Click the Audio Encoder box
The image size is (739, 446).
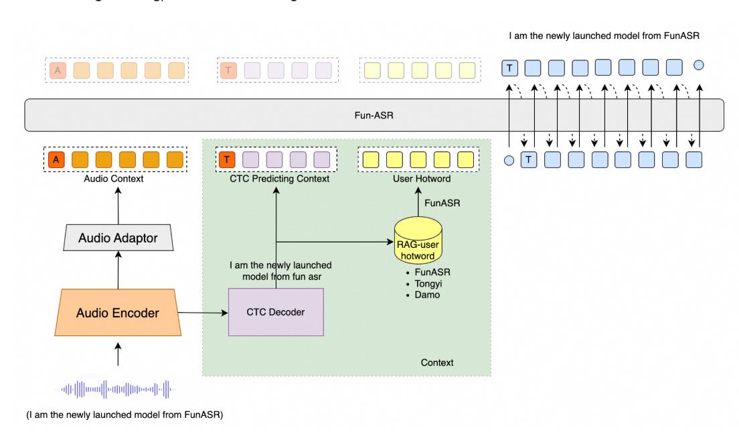click(118, 312)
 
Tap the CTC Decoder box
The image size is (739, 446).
click(276, 313)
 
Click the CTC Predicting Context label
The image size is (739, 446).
click(276, 179)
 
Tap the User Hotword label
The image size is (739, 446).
click(418, 179)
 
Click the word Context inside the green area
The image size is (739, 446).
click(436, 362)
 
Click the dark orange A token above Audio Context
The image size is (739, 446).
click(58, 159)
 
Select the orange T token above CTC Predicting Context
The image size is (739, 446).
click(227, 159)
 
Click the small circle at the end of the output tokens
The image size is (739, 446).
click(699, 66)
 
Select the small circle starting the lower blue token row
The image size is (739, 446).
click(509, 160)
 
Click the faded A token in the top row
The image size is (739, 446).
click(58, 69)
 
